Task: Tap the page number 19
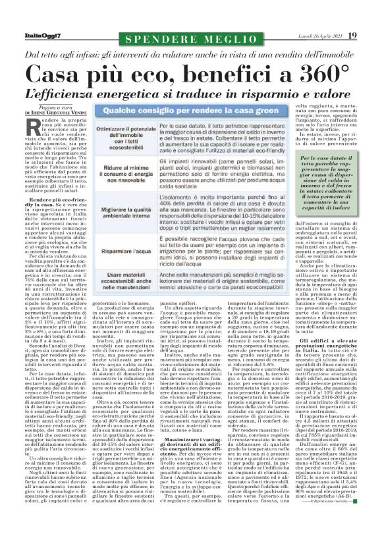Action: coord(353,35)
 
